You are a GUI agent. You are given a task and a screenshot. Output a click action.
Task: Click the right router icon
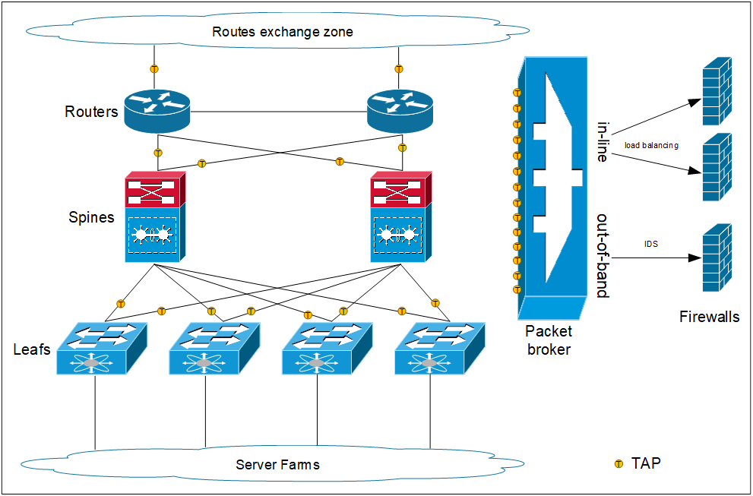coord(399,112)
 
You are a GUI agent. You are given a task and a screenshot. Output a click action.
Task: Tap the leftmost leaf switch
coord(96,349)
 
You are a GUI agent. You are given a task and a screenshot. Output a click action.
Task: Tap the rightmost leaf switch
coord(433,349)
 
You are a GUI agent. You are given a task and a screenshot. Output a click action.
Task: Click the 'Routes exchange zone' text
coord(282,32)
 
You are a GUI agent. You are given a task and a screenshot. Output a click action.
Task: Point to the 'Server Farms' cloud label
coord(277,465)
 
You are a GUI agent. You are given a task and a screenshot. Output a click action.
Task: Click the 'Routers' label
coord(91,112)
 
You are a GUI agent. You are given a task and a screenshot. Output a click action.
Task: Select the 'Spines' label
coord(91,217)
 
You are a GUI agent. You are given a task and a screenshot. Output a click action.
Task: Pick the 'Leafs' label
coord(32,349)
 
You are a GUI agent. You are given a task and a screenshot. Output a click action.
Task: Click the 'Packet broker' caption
coord(549,340)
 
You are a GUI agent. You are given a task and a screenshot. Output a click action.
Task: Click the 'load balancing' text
coord(651,144)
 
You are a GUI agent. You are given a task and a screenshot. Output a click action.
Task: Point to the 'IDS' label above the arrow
coord(651,244)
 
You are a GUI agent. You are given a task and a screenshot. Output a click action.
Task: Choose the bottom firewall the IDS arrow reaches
coord(716,258)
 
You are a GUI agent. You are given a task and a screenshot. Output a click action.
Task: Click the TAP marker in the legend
coord(619,463)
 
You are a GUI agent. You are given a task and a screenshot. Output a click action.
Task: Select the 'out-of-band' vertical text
coord(603,255)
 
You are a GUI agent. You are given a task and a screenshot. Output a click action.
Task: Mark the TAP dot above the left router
coord(154,69)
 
